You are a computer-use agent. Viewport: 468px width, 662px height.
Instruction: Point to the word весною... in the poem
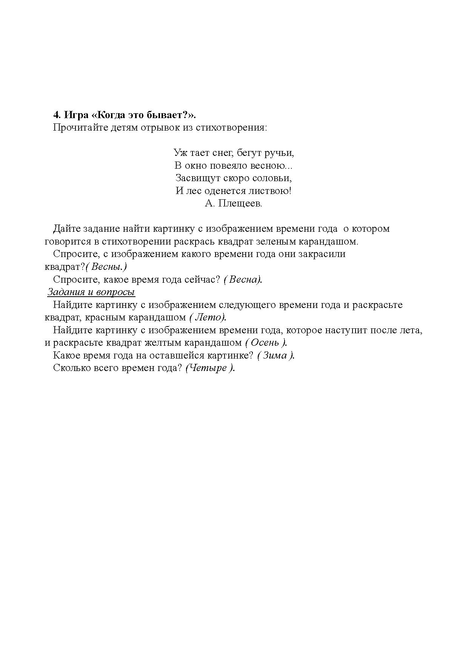click(272, 165)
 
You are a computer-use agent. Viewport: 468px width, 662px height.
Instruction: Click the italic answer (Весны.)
click(106, 267)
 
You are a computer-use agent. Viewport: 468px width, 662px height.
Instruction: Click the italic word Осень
click(265, 343)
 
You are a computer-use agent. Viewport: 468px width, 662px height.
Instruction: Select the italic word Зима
click(274, 356)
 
